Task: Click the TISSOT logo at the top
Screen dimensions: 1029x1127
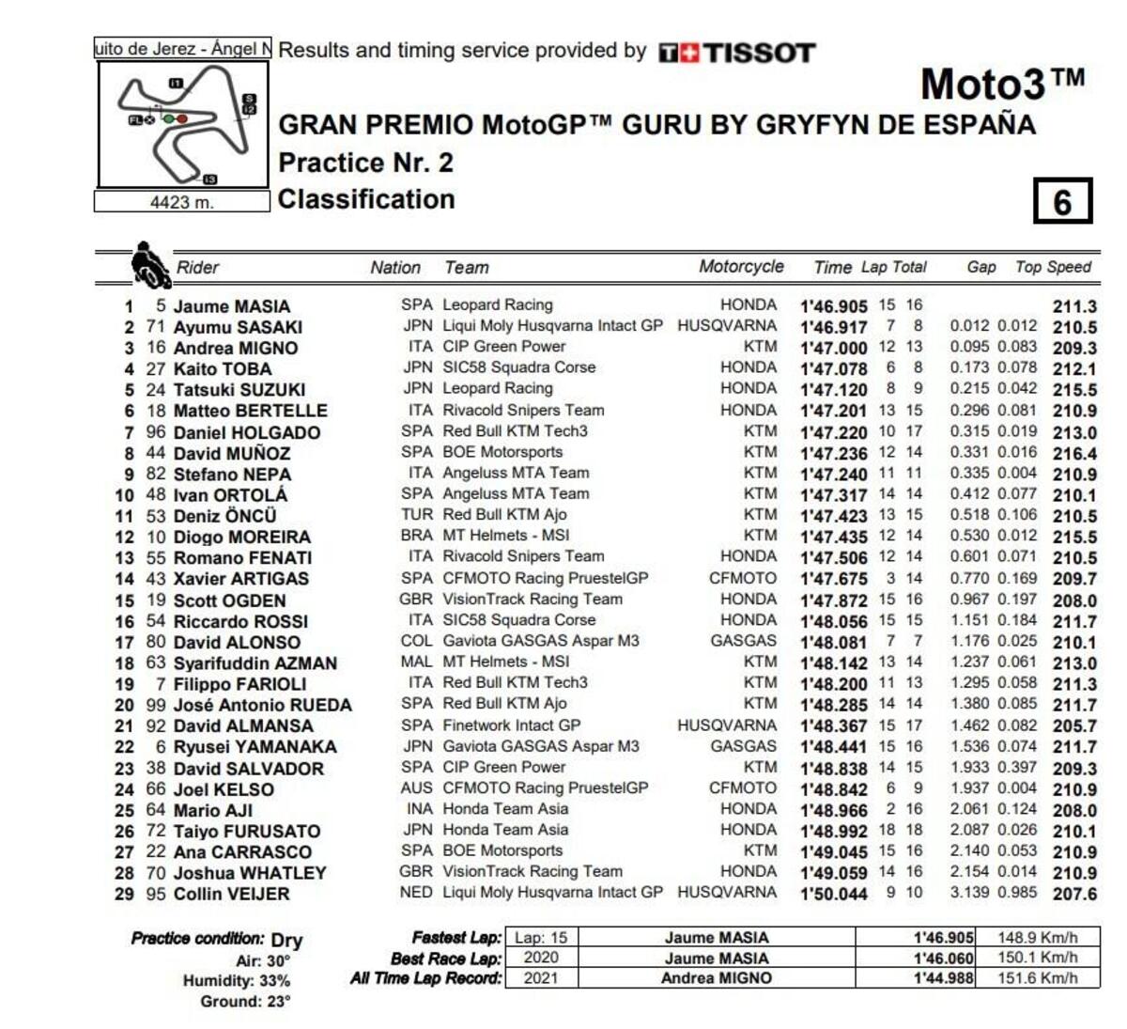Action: click(x=736, y=53)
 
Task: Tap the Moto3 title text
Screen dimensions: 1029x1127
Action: click(x=1002, y=85)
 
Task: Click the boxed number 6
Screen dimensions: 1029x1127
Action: click(x=1062, y=201)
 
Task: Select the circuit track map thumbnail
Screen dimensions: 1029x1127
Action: click(x=184, y=124)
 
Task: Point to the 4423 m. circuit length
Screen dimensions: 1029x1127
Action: click(x=182, y=202)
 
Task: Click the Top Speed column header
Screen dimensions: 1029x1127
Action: click(x=1053, y=267)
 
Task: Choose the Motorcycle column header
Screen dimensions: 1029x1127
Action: click(x=741, y=266)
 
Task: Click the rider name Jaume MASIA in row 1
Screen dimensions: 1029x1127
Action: click(x=231, y=306)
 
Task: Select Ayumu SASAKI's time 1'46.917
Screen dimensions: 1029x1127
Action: click(x=833, y=327)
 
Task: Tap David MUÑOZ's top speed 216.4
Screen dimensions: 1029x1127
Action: click(x=1074, y=454)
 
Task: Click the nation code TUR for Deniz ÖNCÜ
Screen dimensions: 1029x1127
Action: click(x=417, y=515)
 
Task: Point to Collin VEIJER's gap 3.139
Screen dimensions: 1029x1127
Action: click(x=969, y=892)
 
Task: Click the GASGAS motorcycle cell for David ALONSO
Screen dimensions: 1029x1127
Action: click(x=743, y=641)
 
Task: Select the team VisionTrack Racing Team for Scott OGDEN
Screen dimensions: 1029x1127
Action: click(x=532, y=599)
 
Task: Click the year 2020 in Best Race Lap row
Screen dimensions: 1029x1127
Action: click(x=540, y=958)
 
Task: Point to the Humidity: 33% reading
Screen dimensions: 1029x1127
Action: click(x=236, y=981)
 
